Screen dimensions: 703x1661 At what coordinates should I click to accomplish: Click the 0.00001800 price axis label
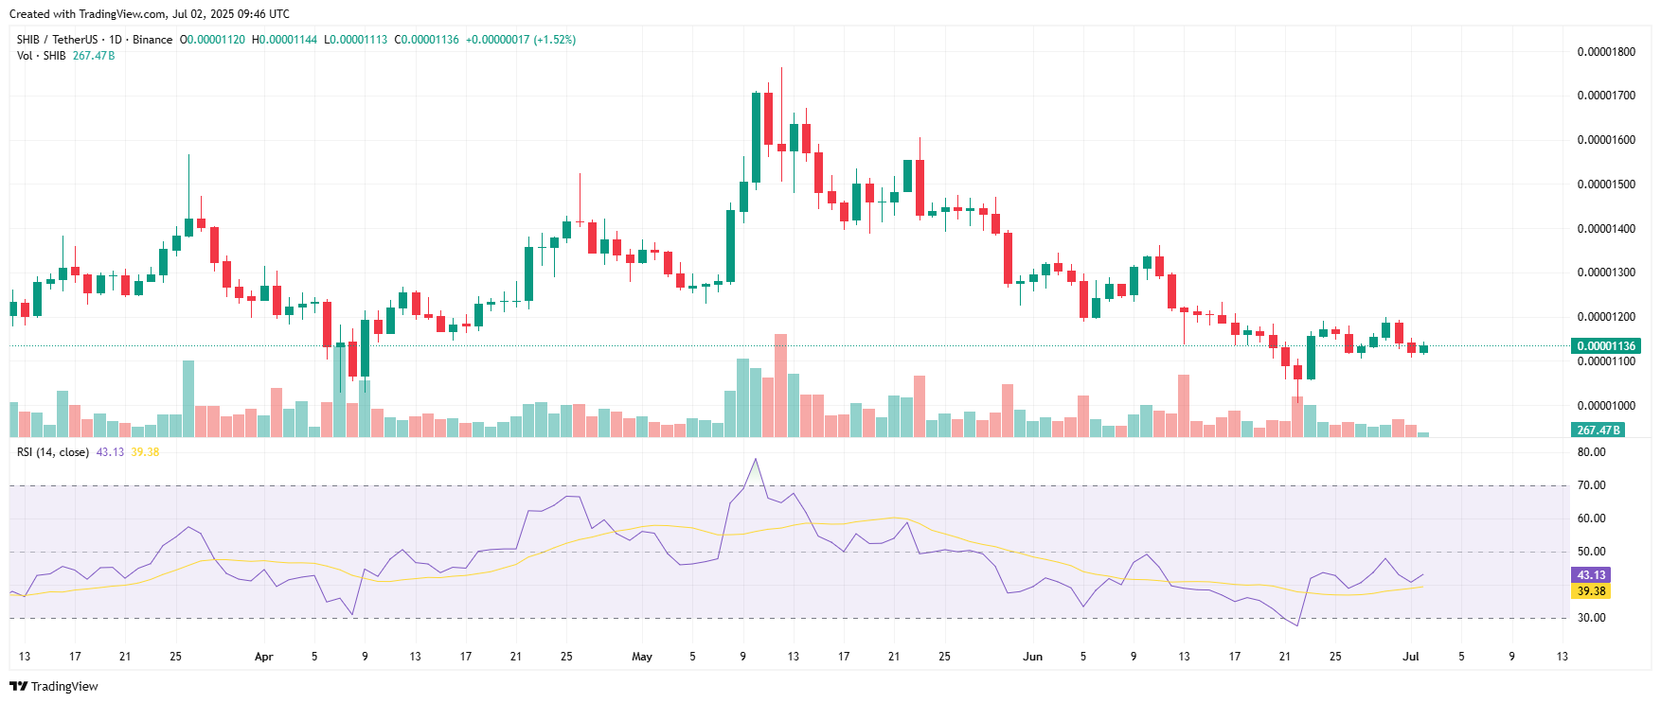(1606, 52)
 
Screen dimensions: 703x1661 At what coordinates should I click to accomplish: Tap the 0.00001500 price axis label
(1606, 185)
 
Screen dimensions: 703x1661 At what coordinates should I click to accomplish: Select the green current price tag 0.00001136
(1605, 346)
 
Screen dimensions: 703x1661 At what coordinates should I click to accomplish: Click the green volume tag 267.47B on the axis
(1598, 431)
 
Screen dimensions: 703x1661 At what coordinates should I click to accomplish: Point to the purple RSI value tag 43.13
(1591, 575)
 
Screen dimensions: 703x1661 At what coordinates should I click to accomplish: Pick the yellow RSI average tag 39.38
(1591, 591)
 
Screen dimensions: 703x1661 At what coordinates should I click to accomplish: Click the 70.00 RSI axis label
(1591, 485)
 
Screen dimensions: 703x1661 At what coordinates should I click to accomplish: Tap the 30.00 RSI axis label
(1591, 618)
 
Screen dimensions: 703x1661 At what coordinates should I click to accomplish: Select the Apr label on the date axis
(264, 657)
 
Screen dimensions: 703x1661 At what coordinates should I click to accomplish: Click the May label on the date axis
(642, 657)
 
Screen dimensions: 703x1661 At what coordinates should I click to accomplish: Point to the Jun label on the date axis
(1032, 657)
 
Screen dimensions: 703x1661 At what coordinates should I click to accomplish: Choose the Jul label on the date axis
(1410, 657)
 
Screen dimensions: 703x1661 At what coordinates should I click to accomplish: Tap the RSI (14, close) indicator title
(53, 452)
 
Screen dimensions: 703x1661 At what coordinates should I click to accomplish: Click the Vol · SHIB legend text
(42, 56)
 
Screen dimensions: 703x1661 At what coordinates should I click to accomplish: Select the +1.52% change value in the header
(555, 40)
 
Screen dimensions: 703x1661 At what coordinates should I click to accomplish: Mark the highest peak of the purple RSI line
(756, 459)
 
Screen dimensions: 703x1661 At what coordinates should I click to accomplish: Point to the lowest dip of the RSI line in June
(1296, 625)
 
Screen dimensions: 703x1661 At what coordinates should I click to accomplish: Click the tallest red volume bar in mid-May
(780, 384)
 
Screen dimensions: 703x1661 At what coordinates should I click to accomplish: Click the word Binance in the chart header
(152, 40)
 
